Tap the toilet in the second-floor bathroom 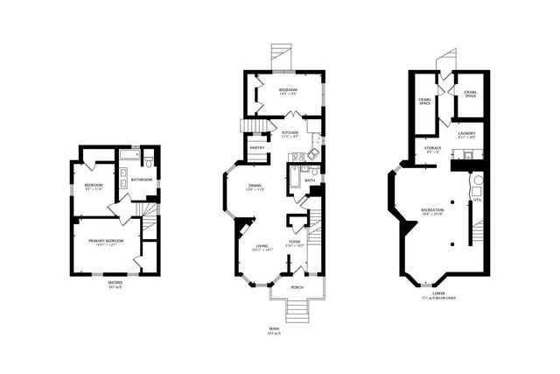point(150,161)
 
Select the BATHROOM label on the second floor point(143,180)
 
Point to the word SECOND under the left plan point(115,283)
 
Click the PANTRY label point(257,148)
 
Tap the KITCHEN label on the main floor point(290,132)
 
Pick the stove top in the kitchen point(297,157)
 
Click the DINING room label point(255,185)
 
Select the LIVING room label point(261,246)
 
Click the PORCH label point(297,286)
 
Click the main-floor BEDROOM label point(289,89)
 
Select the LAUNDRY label point(465,133)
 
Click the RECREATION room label point(432,210)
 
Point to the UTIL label point(477,200)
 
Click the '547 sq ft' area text point(115,288)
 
